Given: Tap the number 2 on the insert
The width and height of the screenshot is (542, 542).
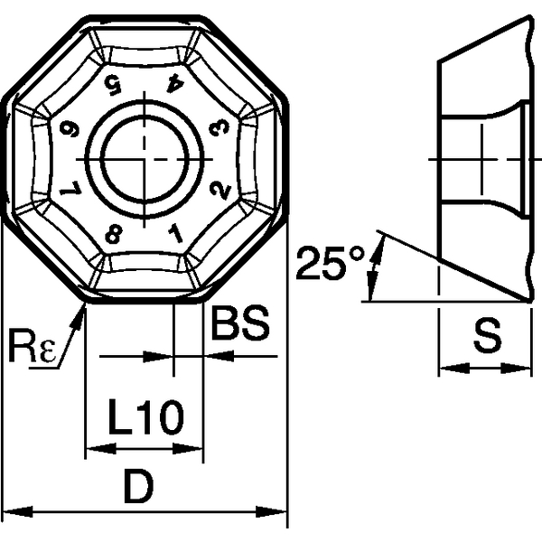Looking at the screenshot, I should point(217,191).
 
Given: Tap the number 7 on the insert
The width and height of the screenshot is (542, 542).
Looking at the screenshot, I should point(68,191).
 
